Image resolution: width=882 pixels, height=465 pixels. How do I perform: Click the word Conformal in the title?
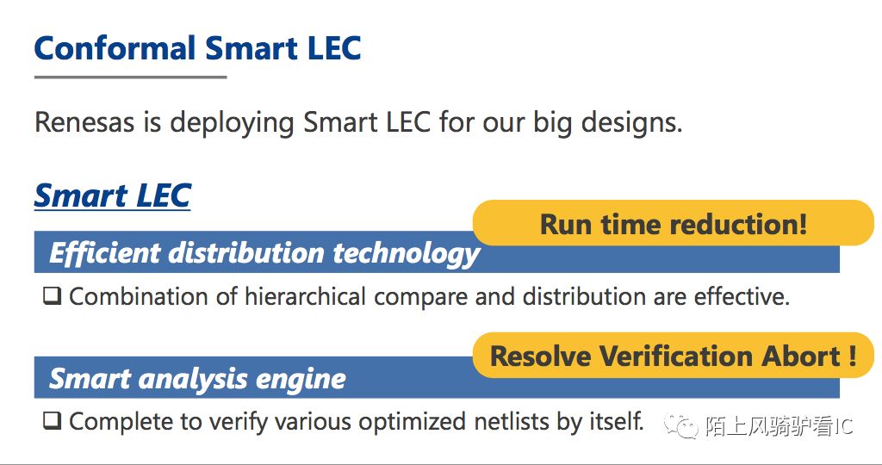[x=115, y=48]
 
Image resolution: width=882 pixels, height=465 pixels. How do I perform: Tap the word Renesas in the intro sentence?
[x=84, y=122]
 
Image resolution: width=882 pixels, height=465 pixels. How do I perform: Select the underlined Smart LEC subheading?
[x=113, y=195]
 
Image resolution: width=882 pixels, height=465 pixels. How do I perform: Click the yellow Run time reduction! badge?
[x=674, y=223]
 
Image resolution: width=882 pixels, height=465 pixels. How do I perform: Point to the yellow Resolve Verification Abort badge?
[x=674, y=356]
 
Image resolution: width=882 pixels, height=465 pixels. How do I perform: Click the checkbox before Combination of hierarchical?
[x=53, y=295]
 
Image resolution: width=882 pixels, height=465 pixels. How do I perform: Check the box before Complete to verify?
[x=53, y=420]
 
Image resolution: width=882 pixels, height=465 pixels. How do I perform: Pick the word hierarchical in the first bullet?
[x=306, y=297]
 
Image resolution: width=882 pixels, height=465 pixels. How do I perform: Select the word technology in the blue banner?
[x=407, y=253]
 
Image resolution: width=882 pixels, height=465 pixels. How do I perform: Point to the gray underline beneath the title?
[x=131, y=77]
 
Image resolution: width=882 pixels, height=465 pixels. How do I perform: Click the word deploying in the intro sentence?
[x=232, y=123]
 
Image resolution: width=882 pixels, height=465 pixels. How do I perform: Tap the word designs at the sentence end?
[x=631, y=123]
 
